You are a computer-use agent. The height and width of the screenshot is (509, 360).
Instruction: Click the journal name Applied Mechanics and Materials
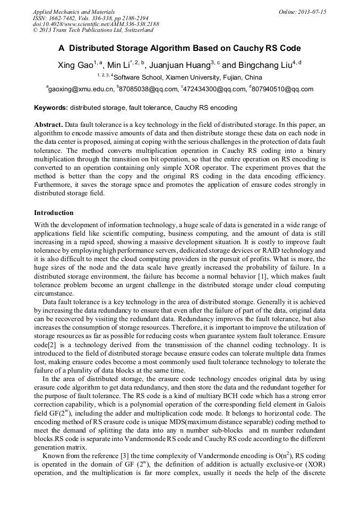[73, 11]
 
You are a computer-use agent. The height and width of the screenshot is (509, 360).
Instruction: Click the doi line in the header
[95, 24]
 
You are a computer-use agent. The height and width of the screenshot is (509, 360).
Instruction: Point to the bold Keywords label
[50, 108]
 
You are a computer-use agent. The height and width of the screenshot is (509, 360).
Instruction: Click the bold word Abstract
[48, 124]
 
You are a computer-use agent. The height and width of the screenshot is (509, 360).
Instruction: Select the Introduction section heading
[54, 213]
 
